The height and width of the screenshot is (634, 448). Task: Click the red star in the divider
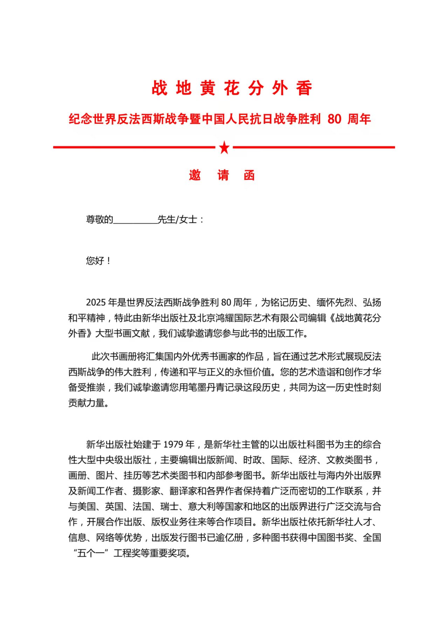pos(224,148)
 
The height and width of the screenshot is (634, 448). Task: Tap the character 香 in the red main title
pos(304,88)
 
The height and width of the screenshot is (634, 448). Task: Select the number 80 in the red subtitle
pos(334,119)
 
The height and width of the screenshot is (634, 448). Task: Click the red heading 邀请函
pos(222,175)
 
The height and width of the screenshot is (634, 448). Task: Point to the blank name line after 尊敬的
pos(135,220)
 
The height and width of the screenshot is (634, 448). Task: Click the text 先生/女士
pos(177,220)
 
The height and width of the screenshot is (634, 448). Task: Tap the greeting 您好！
pos(98,261)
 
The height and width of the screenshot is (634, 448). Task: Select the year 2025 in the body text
pos(96,302)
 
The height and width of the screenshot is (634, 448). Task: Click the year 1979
pos(173,445)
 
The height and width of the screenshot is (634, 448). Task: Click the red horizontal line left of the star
pos(133,147)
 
